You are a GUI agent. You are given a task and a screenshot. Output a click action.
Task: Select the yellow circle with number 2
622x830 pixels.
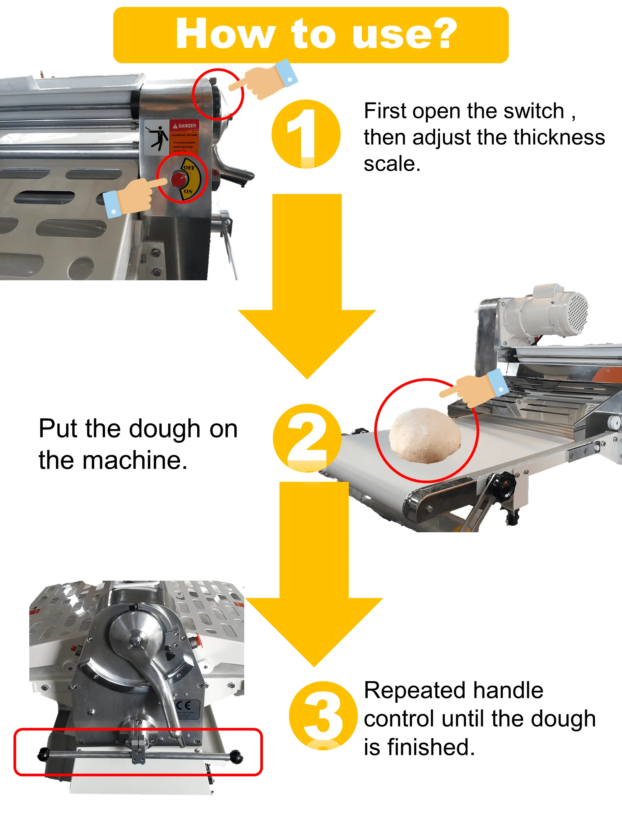tap(307, 437)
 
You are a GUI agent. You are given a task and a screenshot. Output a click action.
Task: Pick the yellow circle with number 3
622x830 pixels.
tap(323, 715)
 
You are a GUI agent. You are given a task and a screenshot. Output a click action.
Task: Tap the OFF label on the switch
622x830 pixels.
tap(189, 168)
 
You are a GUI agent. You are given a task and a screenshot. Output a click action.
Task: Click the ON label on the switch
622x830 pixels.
tap(188, 191)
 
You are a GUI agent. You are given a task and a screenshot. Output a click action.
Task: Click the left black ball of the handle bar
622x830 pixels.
tap(43, 754)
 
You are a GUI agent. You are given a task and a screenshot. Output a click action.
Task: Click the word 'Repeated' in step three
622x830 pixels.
tap(415, 690)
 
